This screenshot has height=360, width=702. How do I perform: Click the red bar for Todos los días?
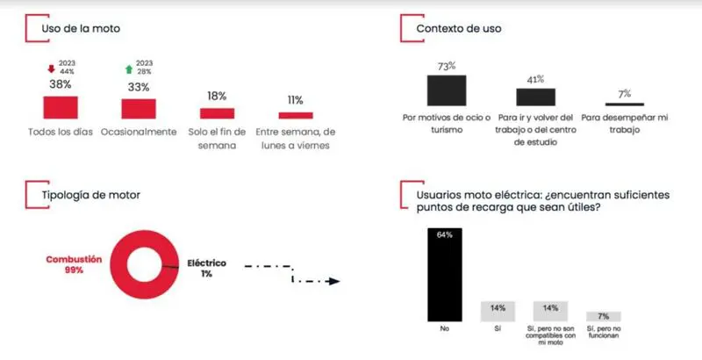tap(61, 106)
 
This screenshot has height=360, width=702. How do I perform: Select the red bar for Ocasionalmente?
tap(139, 107)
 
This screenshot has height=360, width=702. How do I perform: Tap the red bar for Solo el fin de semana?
tap(217, 112)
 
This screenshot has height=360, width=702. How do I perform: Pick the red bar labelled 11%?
tap(296, 115)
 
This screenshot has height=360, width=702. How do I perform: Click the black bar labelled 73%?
tap(447, 90)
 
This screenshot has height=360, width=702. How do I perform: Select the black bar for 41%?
tap(535, 97)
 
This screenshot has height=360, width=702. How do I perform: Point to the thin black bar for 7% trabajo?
tap(625, 104)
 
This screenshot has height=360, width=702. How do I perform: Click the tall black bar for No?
tap(445, 274)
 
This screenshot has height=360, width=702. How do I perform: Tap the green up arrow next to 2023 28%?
tap(128, 68)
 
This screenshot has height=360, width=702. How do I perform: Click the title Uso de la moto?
tap(81, 29)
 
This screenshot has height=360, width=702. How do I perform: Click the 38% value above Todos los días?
tap(60, 85)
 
